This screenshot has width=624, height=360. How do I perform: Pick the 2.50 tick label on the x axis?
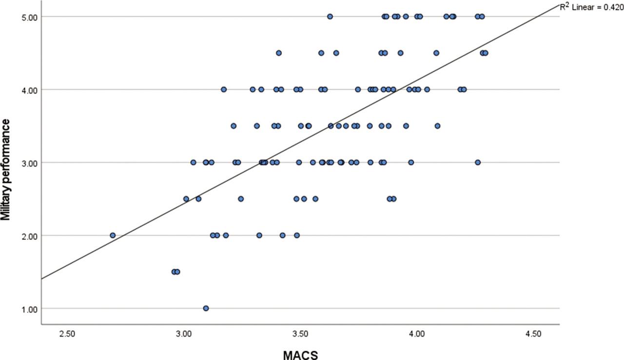pos(67,334)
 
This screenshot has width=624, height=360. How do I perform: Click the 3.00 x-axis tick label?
pos(184,334)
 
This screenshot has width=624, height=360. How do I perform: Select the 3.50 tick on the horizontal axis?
pos(300,334)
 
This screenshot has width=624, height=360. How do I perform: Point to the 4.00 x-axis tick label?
pos(417,334)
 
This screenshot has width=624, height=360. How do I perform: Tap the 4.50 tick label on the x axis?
pos(533,334)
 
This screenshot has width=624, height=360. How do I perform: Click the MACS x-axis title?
pos(300,355)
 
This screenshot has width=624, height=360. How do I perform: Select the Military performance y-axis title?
pos(5,170)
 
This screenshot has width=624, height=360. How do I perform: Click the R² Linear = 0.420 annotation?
pos(592,7)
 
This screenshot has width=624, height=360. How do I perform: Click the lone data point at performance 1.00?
pos(206,308)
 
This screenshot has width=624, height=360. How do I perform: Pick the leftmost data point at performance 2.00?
pos(113,236)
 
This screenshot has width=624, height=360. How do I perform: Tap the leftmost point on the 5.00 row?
pos(330,17)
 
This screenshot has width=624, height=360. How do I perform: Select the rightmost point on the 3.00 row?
pos(478,162)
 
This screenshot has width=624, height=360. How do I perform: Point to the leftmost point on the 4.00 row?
pos(224,89)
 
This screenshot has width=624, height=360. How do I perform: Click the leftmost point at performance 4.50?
pos(278,53)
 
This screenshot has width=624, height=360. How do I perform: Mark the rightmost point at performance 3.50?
pos(437,126)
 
